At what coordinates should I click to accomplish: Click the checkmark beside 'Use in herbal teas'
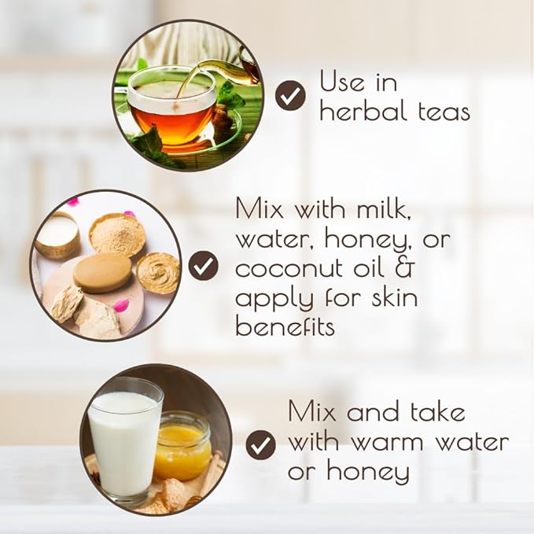[x=290, y=95]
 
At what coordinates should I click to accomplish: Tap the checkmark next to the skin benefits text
[x=204, y=266]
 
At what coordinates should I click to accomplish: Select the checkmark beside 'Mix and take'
[x=261, y=445]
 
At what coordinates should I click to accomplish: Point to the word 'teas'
[x=444, y=112]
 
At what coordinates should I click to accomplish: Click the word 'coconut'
[x=289, y=269]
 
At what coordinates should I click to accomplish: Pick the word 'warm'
[x=387, y=443]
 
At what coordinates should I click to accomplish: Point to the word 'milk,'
[x=384, y=208]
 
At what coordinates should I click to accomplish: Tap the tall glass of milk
[x=124, y=440]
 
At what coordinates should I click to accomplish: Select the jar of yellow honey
[x=182, y=446]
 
